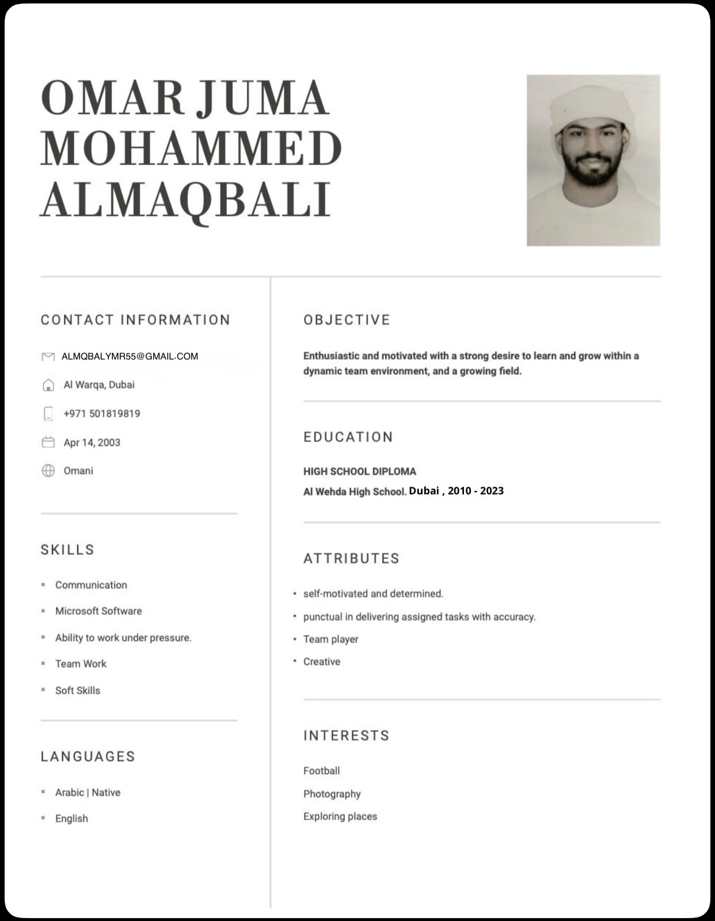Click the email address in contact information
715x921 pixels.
(130, 356)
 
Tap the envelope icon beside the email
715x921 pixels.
(48, 357)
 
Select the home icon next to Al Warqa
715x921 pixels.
(48, 385)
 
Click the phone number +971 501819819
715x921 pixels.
(102, 414)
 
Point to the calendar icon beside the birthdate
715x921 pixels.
(48, 443)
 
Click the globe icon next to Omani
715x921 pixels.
(48, 471)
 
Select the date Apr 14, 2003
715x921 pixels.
(92, 443)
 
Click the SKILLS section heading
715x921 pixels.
(67, 550)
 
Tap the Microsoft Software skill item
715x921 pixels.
(98, 611)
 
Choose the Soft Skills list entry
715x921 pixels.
(78, 690)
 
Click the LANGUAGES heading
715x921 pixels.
(88, 757)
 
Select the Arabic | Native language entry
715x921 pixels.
(88, 792)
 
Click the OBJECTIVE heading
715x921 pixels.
(347, 320)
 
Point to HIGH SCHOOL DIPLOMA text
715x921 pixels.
(360, 471)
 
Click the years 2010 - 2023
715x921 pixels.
(476, 491)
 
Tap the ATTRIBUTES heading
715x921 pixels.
(352, 558)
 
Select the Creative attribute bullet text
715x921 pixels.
(322, 662)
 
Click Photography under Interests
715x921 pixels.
(332, 794)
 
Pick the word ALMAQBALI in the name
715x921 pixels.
(186, 199)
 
